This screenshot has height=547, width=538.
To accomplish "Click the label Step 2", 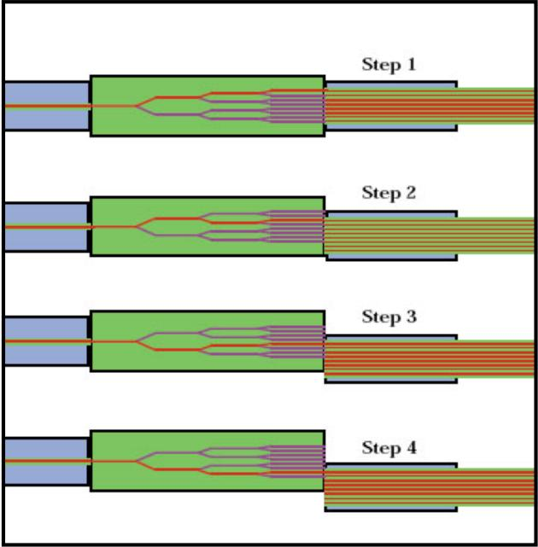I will coord(389,193).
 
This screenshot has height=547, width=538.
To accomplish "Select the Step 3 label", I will coord(389,317).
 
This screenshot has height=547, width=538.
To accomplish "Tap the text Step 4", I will coord(389,447).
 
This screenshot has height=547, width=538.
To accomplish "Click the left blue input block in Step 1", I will coord(45,106).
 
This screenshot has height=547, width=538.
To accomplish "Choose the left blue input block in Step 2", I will coord(45,226).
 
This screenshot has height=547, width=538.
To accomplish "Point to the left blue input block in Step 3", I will coord(45,341).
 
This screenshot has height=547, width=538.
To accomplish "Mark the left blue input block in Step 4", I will coord(45,461).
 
